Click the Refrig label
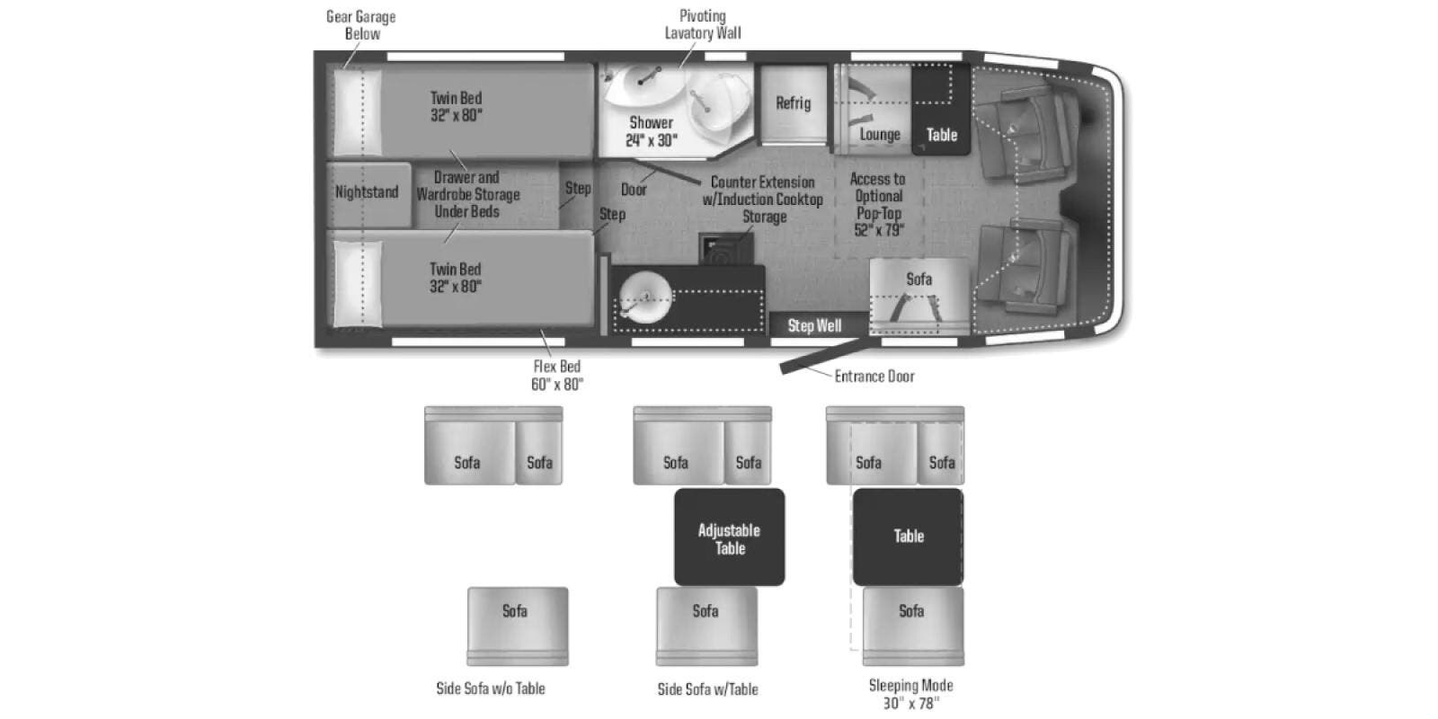(793, 103)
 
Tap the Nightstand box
(368, 194)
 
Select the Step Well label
(814, 326)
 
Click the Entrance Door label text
(874, 377)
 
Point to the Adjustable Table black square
(729, 537)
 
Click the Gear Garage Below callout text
(360, 25)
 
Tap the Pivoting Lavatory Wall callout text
(702, 24)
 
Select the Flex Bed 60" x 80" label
(556, 375)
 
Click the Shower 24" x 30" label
(651, 131)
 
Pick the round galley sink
(645, 297)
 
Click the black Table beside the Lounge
(941, 109)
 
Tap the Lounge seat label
(880, 135)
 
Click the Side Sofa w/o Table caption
(491, 688)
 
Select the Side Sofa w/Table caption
(707, 688)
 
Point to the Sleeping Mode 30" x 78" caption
(911, 694)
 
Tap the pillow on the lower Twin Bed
(358, 283)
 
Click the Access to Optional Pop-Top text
(877, 196)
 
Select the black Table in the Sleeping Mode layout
(908, 537)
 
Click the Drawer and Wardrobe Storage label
(467, 194)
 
